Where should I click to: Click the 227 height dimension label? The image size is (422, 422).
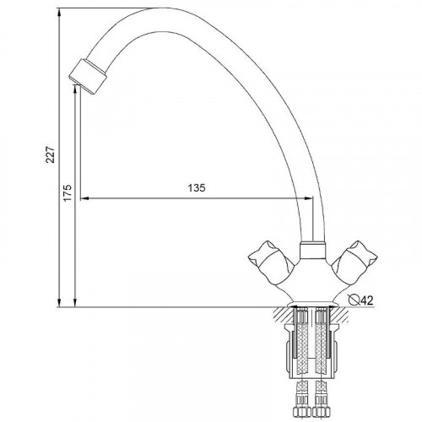point(51,154)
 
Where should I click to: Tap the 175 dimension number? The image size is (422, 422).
point(68,192)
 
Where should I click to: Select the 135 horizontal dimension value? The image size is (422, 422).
point(197,187)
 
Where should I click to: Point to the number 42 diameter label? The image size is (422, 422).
point(366,300)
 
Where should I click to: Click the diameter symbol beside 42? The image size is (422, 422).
point(353,300)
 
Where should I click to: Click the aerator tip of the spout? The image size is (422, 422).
point(88,76)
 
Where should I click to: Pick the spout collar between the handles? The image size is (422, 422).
point(313,250)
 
